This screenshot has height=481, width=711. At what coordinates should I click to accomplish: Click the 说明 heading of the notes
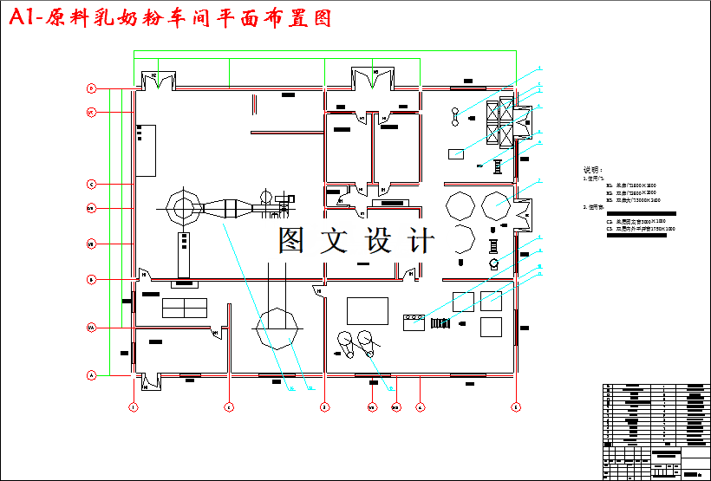pyautogui.click(x=591, y=170)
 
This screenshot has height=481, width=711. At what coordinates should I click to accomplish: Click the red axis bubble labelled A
pyautogui.click(x=90, y=375)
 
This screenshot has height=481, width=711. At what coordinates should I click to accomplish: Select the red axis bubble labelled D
pyautogui.click(x=90, y=88)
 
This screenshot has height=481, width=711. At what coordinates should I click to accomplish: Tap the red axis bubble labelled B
pyautogui.click(x=90, y=279)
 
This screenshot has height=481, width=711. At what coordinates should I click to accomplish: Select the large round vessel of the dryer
pyautogui.click(x=182, y=208)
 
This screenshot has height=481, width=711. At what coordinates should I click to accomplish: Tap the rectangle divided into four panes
pyautogui.click(x=184, y=308)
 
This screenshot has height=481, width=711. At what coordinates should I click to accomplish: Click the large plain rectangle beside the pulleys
pyautogui.click(x=368, y=309)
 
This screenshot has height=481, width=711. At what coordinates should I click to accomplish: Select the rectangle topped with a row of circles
pyautogui.click(x=412, y=322)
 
